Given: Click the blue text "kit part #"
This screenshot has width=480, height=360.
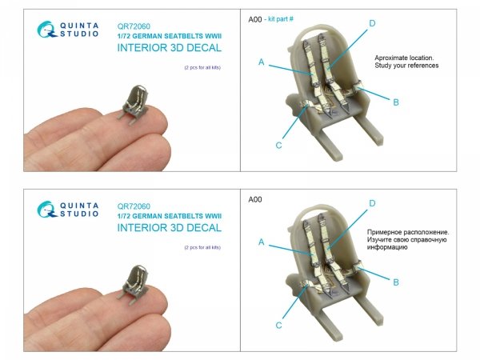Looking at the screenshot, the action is point(281,19).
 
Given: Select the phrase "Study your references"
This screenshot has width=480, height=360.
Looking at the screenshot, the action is point(406,66).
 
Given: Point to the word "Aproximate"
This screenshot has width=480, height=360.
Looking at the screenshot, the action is point(388,58).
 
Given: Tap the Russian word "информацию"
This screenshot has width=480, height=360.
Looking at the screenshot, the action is point(387,247).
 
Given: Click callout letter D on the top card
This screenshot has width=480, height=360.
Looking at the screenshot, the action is point(372,23).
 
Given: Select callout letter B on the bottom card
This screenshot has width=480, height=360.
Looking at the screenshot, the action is point(396,282).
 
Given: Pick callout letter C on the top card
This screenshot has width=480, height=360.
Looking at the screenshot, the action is point(278,146).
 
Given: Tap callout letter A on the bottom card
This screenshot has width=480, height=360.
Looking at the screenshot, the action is point(261,242).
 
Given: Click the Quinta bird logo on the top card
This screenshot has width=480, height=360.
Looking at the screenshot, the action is point(46,30).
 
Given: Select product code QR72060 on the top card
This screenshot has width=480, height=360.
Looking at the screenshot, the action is point(134,26).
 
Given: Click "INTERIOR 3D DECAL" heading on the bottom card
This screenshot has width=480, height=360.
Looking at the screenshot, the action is point(170,228).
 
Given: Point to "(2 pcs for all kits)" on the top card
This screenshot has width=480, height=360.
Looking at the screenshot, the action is point(202,68).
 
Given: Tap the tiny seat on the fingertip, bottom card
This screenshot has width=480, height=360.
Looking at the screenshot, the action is point(134,284).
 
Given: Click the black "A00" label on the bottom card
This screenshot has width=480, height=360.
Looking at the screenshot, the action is point(255,199).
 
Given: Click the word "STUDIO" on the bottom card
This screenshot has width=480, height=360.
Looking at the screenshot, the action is point(79,214).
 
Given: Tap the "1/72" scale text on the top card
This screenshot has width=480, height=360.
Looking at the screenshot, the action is point(124,36).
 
